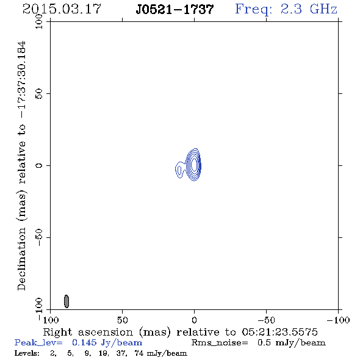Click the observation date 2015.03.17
[62, 9]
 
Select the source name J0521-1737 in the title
[175, 9]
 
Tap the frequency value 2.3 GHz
[309, 9]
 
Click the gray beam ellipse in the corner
[67, 301]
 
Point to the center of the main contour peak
[194, 164]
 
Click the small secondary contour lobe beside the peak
[179, 170]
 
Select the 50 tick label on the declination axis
[39, 93]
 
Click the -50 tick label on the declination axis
[39, 237]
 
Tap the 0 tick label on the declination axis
[39, 165]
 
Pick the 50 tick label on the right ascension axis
[122, 320]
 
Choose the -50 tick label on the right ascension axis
[266, 320]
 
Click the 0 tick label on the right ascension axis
[194, 320]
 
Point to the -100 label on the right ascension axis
[338, 320]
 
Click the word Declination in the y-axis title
[21, 259]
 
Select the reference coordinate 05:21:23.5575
[279, 332]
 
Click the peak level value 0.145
[84, 342]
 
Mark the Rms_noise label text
[220, 343]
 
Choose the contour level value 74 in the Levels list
[139, 353]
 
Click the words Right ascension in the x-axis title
[88, 332]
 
